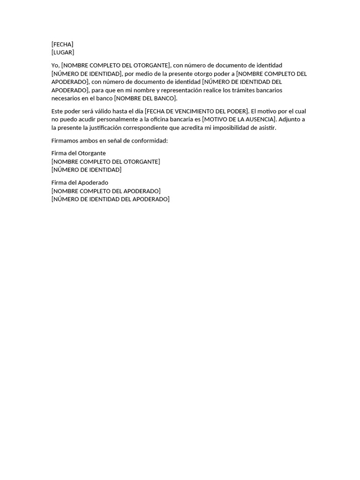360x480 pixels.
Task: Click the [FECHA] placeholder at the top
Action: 62,45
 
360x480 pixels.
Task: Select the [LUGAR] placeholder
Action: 63,52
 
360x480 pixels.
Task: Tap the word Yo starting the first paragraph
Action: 55,65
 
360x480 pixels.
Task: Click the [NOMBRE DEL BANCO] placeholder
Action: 146,98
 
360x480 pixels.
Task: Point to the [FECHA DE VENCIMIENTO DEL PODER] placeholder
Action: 197,111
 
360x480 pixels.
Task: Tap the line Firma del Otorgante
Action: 78,153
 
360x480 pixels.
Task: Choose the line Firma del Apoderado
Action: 80,183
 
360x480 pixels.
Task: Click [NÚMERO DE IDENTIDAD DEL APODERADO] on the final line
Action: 110,199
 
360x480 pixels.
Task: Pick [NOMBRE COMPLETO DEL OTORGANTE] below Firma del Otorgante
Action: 105,162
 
